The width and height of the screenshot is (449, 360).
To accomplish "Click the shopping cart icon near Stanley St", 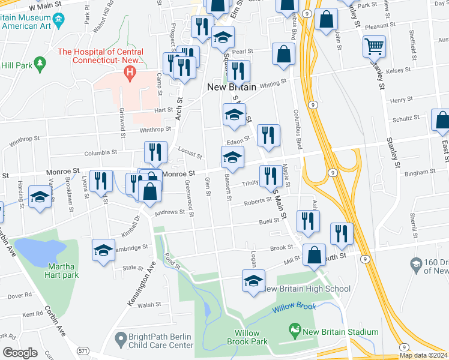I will point(374,46).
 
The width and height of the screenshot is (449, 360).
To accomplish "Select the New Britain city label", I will point(231,87).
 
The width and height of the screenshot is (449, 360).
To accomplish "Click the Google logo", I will point(20,352).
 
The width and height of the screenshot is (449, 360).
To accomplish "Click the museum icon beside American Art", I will point(58,22).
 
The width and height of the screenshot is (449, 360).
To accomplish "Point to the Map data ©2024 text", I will point(423,355).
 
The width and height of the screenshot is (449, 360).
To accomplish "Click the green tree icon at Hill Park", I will point(40,63).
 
